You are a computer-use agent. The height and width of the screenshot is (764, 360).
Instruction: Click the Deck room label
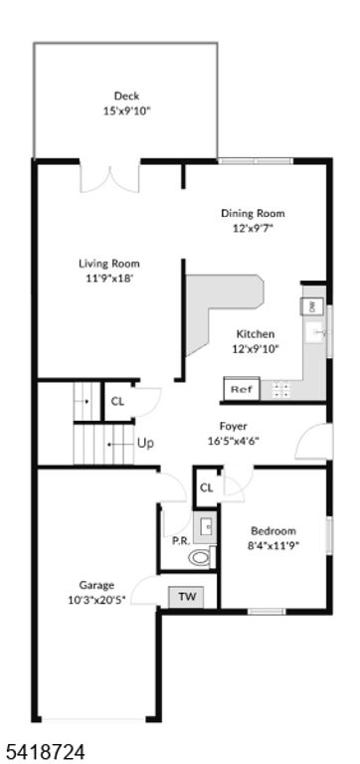click(x=126, y=95)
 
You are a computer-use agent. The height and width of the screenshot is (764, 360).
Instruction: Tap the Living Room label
click(x=109, y=264)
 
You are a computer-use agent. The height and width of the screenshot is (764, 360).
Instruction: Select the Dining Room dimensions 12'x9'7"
click(x=253, y=228)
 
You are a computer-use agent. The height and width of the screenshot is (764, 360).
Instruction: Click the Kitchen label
click(x=255, y=334)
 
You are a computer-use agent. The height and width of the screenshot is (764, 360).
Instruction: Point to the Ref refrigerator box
click(x=240, y=390)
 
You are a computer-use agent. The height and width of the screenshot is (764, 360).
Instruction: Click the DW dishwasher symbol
click(x=311, y=306)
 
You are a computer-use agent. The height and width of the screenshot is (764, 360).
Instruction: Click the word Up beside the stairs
click(x=145, y=443)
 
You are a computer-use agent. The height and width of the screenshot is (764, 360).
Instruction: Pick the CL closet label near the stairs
click(x=117, y=402)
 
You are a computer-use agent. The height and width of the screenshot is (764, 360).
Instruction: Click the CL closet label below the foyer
click(x=207, y=487)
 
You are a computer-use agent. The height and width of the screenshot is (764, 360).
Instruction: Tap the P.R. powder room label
click(x=180, y=540)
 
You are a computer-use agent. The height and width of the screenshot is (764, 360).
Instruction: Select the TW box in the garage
click(x=186, y=597)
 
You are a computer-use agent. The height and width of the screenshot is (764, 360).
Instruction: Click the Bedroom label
click(x=271, y=530)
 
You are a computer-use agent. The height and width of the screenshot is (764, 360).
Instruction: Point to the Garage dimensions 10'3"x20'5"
click(x=96, y=600)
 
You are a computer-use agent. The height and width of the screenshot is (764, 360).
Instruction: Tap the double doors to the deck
click(x=110, y=177)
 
